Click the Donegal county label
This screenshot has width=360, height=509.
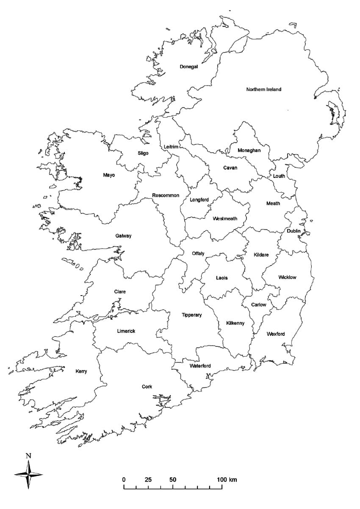[x=188, y=66]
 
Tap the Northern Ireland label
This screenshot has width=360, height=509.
[x=263, y=89]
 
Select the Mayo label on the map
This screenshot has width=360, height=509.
[x=109, y=175]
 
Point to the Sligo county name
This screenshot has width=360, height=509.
[x=143, y=153]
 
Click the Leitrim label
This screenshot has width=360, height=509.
[x=171, y=147]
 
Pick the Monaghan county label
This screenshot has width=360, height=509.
[x=249, y=150]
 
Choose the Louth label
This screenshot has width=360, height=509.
[x=279, y=176]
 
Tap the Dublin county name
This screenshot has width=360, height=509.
[x=294, y=231]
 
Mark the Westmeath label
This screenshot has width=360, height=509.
[x=225, y=219]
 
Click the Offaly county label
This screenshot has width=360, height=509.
[x=198, y=253]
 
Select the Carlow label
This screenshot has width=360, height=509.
[x=258, y=304]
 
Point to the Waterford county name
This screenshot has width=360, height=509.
[x=200, y=365]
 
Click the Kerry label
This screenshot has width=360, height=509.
[x=81, y=371]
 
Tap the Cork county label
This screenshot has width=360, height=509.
[x=147, y=386]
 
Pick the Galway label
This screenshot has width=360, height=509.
[x=123, y=236]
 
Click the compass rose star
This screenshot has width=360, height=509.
[x=28, y=474]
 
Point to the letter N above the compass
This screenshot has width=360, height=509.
[x=28, y=456]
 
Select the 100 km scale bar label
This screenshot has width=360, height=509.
[x=227, y=480]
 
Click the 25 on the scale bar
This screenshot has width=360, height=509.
[x=148, y=480]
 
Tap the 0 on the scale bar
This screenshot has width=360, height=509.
[x=124, y=480]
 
